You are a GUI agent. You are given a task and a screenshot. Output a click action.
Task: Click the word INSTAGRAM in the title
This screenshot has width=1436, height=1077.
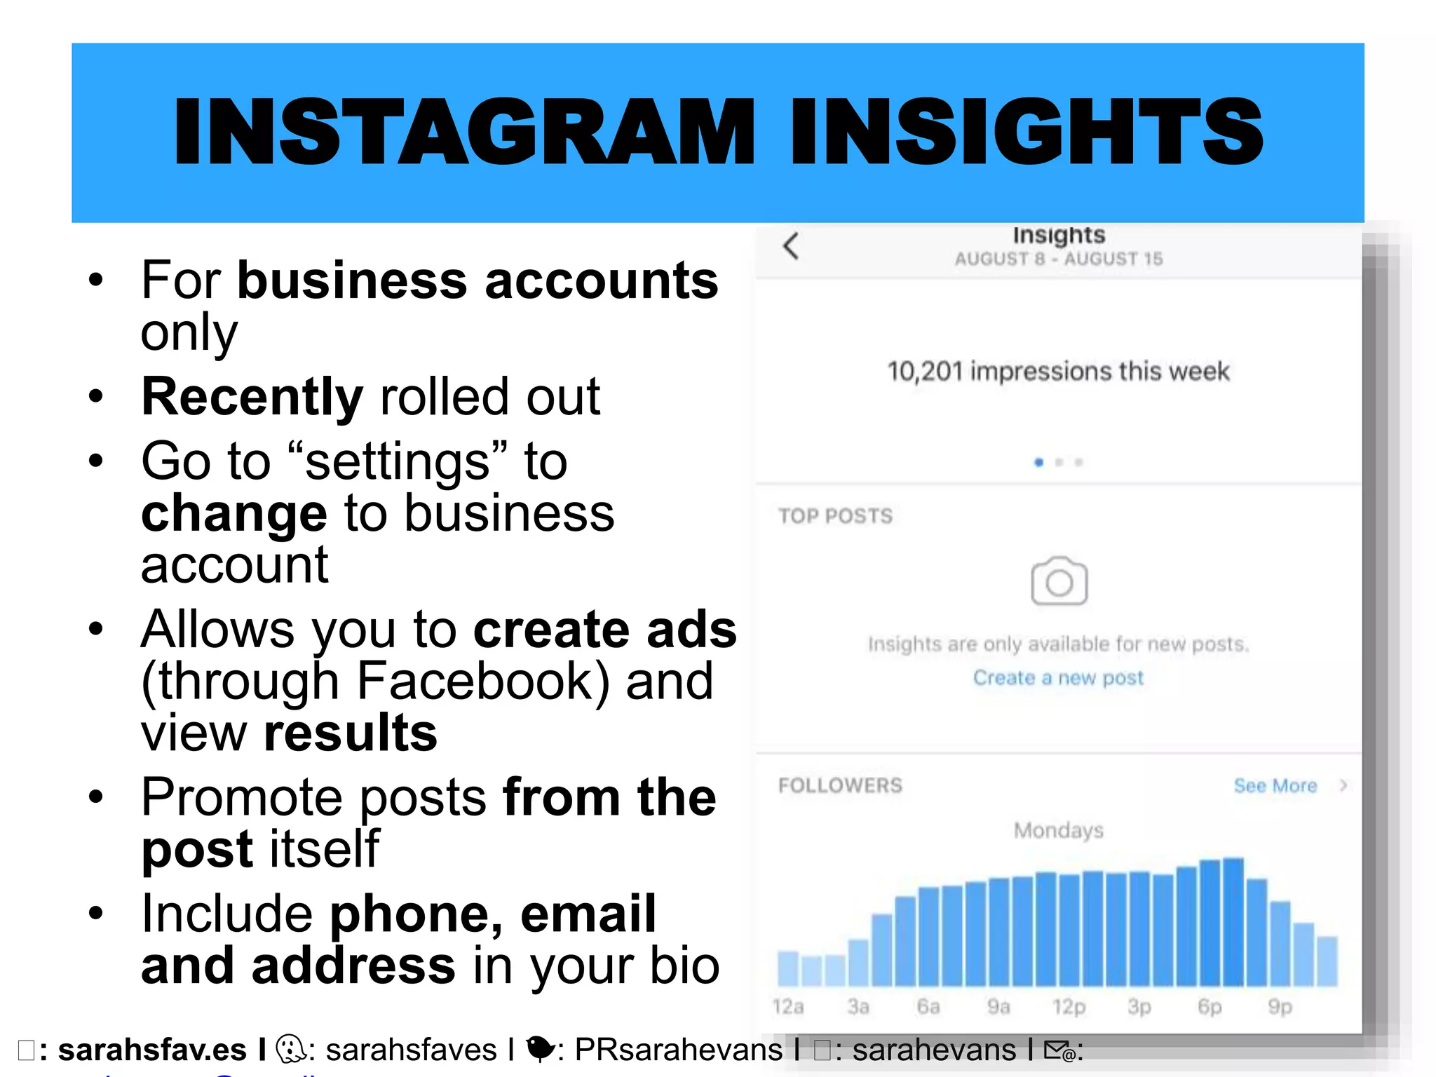click(463, 133)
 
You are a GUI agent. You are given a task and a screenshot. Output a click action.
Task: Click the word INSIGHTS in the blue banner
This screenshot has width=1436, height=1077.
click(1027, 133)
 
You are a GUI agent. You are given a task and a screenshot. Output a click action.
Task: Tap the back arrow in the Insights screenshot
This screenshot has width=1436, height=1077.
click(791, 246)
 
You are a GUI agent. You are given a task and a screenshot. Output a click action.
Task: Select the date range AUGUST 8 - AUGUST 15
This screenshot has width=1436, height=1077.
click(1058, 259)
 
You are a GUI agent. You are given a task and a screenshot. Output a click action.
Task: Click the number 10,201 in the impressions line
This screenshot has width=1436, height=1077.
click(925, 372)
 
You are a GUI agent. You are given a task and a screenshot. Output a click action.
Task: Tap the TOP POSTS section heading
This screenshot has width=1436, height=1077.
click(835, 517)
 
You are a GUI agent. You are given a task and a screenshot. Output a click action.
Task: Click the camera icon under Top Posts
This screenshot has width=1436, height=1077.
click(1059, 581)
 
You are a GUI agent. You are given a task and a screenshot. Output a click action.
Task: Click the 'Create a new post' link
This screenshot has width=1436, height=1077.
click(1058, 678)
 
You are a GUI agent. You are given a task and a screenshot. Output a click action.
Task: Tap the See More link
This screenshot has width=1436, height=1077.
click(1275, 786)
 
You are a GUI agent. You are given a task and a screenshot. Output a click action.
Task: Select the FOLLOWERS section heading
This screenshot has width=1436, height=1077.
click(840, 785)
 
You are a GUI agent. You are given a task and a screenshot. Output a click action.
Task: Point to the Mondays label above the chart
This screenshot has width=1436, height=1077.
click(1058, 831)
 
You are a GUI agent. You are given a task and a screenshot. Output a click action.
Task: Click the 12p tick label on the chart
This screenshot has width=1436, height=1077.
click(1069, 1007)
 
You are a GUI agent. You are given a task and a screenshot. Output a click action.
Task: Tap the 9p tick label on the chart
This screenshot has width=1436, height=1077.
click(1280, 1007)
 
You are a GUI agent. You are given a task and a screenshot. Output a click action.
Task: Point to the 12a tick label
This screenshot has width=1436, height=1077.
click(788, 1007)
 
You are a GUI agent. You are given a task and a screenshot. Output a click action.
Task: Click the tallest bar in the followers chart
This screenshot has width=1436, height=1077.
click(1233, 922)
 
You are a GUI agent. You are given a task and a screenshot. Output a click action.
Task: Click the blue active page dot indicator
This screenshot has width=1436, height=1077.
click(1039, 463)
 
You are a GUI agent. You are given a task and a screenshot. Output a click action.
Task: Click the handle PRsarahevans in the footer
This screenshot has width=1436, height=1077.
click(678, 1050)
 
